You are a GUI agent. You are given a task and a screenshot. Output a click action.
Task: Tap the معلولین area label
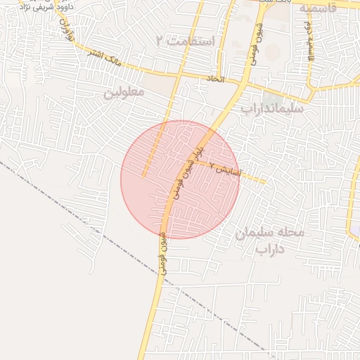[x=124, y=93]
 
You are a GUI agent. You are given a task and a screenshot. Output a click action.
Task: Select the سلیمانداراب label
[x=272, y=109]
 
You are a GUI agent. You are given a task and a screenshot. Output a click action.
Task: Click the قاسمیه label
[x=321, y=9]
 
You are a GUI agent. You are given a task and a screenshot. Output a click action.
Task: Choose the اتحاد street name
[x=216, y=79]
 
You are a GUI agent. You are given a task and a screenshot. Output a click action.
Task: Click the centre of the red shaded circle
[x=180, y=179]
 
